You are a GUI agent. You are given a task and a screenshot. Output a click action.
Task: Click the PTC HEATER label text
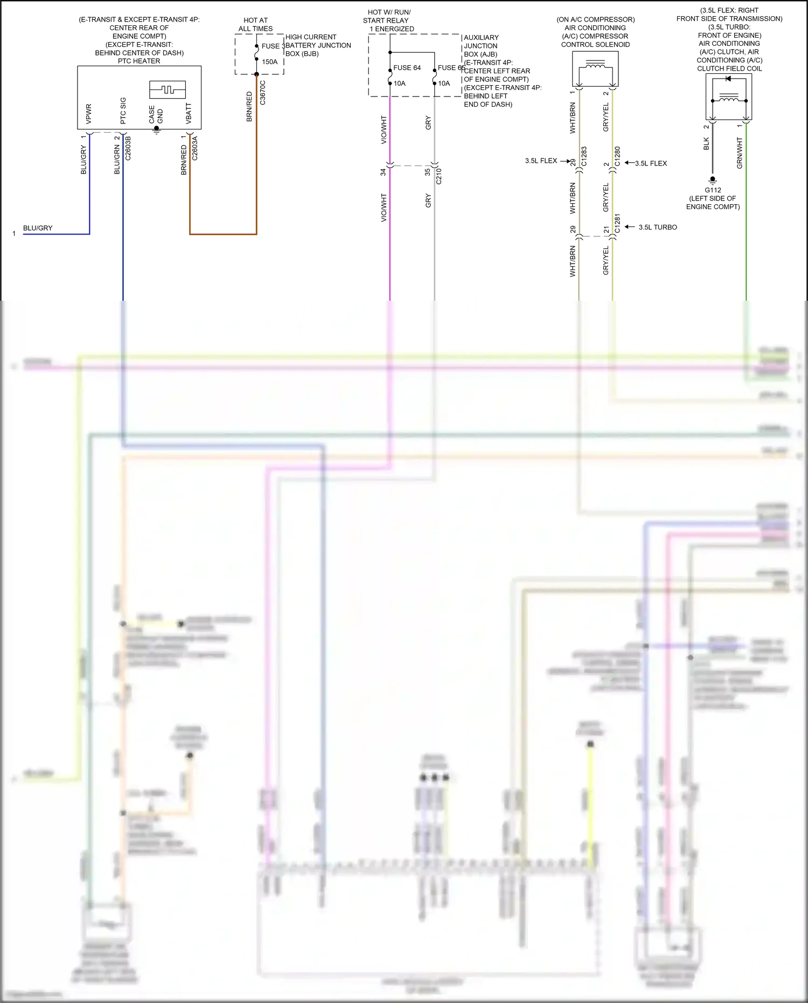[x=139, y=61]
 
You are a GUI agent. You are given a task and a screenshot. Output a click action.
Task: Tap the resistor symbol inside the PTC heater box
[x=168, y=89]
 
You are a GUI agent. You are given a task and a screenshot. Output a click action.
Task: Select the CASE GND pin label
[x=156, y=114]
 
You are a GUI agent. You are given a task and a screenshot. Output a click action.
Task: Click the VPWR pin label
[x=89, y=114]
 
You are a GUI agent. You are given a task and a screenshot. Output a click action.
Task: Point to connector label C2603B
[x=128, y=149]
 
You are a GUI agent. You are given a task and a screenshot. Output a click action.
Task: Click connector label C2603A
[x=195, y=149]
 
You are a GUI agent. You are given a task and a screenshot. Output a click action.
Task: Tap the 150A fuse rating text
[x=269, y=62]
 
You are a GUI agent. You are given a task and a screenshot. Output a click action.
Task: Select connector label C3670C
[x=263, y=93]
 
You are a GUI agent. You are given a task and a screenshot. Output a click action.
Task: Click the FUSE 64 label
[x=407, y=68]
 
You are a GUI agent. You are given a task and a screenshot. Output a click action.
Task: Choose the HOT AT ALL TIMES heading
[x=255, y=24]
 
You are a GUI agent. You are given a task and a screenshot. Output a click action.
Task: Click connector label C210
[x=439, y=176]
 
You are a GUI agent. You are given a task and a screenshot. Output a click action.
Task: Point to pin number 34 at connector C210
[x=383, y=172]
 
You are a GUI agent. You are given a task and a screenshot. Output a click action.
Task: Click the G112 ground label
[x=713, y=190]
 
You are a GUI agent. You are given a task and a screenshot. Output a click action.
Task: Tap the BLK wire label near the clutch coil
[x=706, y=144]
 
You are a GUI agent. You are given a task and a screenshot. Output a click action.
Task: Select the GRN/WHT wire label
[x=740, y=153]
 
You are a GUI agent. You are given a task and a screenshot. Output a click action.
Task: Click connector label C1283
[x=584, y=156]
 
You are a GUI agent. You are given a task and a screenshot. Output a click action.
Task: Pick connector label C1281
[x=617, y=224]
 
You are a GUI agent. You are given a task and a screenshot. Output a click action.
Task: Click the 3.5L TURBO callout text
[x=658, y=227]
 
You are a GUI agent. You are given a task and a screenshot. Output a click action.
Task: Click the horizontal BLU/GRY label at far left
[x=38, y=228]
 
